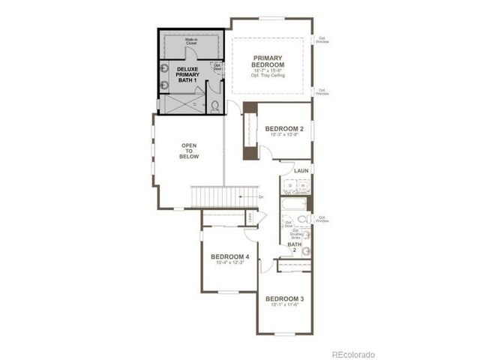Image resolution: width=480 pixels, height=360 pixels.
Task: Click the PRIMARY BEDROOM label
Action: [271, 61]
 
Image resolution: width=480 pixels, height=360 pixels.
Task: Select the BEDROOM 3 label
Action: [284, 298]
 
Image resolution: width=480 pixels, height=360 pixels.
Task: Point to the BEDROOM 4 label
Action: [229, 256]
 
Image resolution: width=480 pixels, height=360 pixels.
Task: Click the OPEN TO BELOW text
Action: [187, 151]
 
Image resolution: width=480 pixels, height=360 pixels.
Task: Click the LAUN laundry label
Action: [301, 171]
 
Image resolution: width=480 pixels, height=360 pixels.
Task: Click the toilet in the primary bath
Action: [214, 105]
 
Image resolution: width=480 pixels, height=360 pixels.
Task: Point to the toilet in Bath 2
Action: [301, 219]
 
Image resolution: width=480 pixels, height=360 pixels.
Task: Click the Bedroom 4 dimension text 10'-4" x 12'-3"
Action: [229, 263]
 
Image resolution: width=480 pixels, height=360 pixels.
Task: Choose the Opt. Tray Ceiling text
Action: [271, 75]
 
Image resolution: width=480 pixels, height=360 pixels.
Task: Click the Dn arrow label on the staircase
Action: [260, 197]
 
